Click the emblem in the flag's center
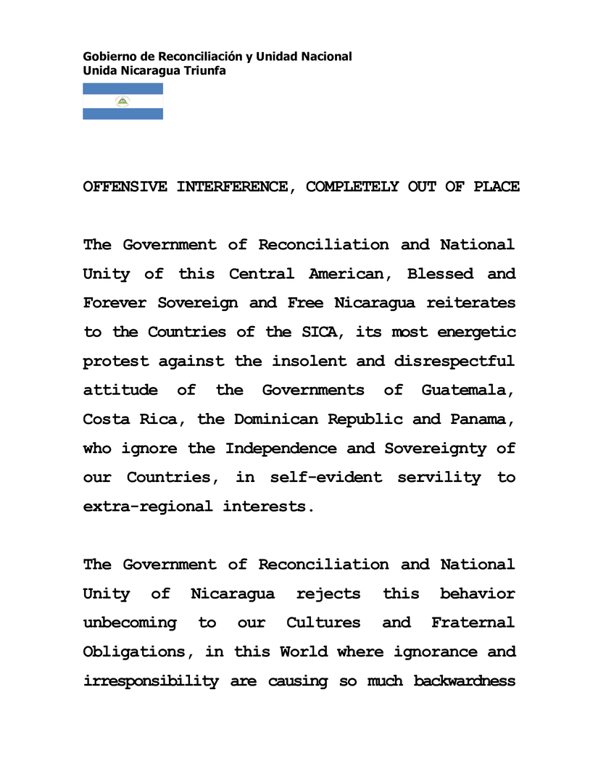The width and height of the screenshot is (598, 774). coord(122,101)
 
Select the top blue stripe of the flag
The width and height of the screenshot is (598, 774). coord(122,88)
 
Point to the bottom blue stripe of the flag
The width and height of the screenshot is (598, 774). coord(122,114)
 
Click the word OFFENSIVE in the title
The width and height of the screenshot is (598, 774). coord(125,187)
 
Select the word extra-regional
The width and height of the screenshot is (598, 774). coord(148,506)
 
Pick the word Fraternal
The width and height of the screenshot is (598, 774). coord(473,623)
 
